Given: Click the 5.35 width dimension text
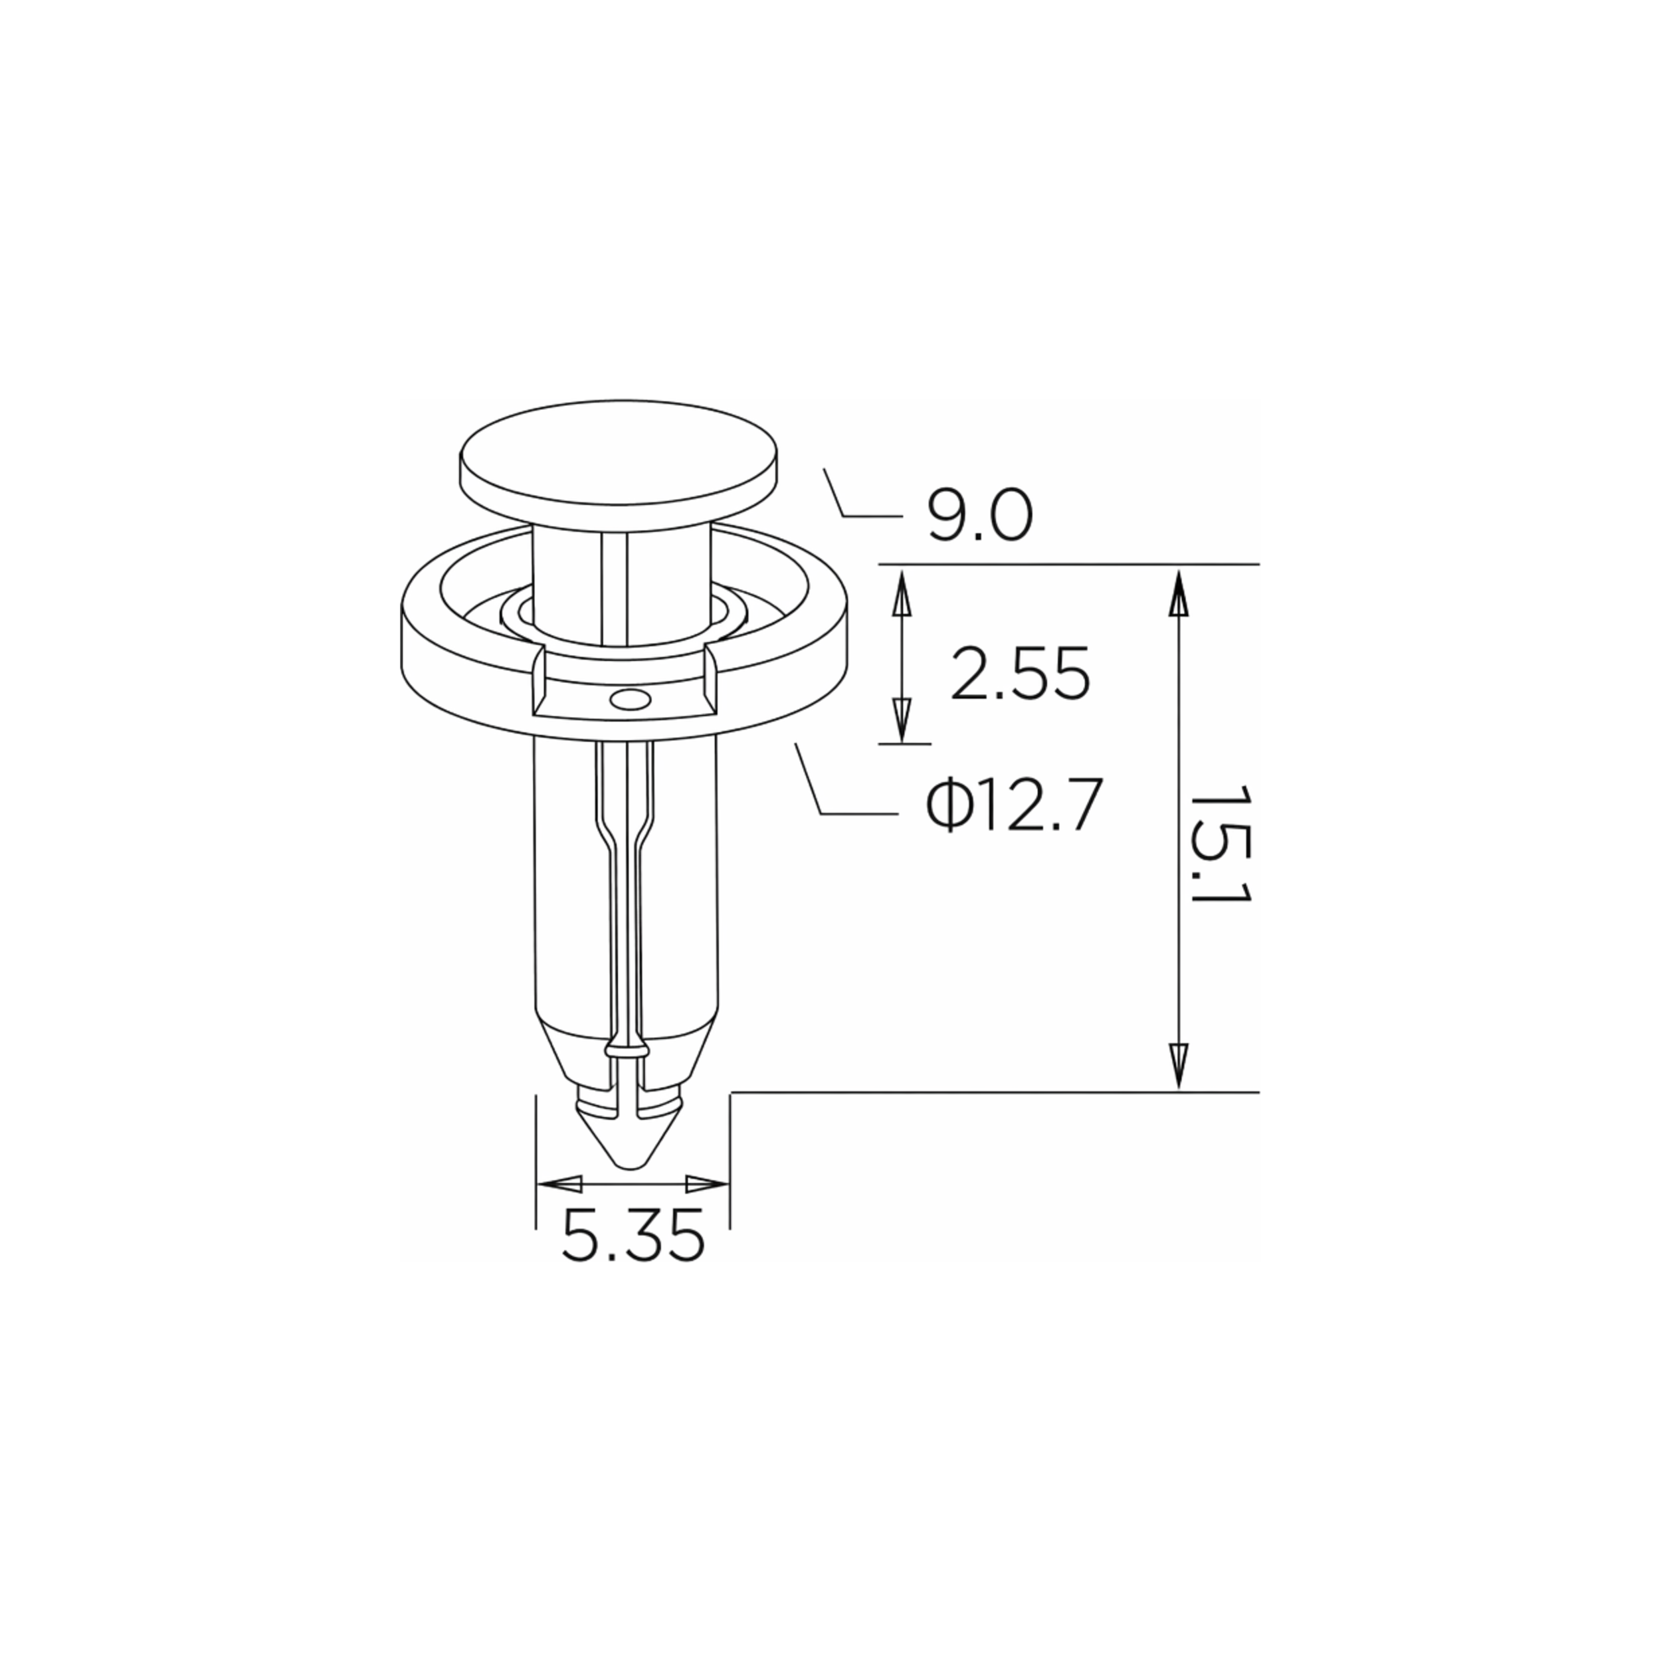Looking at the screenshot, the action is click(633, 1237).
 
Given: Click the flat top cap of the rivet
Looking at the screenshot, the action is click(620, 462).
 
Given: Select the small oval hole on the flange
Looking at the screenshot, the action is click(630, 701).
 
